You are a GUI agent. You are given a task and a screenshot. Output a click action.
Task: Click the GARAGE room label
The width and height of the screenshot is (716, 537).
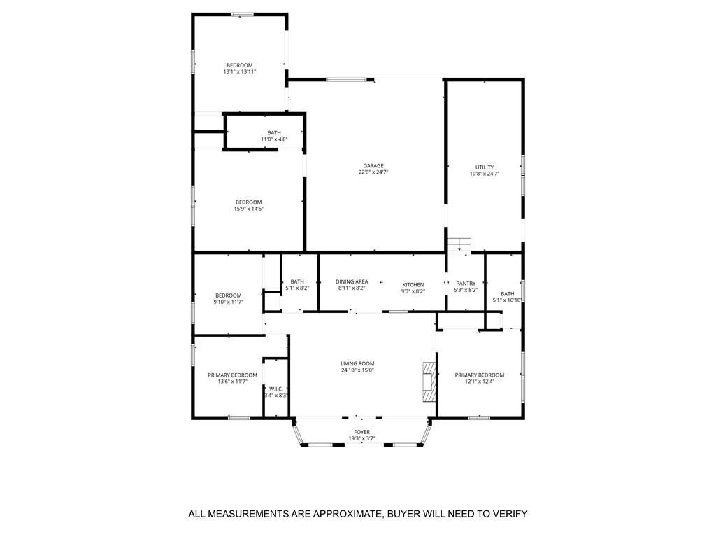click(373, 166)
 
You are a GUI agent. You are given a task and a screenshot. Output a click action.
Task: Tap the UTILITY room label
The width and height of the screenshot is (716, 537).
click(484, 167)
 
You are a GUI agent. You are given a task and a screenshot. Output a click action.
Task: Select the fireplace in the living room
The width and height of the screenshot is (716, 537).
click(429, 382)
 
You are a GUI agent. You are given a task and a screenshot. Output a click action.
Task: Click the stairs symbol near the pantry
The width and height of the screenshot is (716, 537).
click(459, 244)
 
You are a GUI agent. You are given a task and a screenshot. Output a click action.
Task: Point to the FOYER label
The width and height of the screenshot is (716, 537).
click(361, 432)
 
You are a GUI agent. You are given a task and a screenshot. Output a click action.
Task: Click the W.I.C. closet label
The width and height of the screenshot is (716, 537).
click(275, 389)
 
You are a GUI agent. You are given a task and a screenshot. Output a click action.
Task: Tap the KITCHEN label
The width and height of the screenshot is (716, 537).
click(413, 284)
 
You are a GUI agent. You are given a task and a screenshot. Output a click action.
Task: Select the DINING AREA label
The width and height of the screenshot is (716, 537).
click(352, 281)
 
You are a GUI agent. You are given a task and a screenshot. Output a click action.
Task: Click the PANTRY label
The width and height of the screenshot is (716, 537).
click(466, 284)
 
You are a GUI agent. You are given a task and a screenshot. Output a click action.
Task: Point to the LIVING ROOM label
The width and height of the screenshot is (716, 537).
click(357, 364)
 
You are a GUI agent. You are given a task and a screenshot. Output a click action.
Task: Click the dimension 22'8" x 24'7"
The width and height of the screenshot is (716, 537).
click(373, 172)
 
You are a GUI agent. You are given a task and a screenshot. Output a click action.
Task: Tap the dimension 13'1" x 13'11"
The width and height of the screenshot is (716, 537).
click(239, 71)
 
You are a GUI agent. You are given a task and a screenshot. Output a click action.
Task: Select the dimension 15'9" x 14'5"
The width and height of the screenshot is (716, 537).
click(248, 209)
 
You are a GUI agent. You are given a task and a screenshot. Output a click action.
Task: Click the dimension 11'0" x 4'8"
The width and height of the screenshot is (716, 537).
click(274, 139)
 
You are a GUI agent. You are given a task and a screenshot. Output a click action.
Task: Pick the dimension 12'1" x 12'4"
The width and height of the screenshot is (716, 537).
click(480, 382)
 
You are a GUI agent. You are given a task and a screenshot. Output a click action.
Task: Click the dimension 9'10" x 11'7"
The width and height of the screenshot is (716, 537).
click(229, 302)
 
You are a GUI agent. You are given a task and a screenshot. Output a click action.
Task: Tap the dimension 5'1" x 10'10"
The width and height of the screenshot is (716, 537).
click(508, 300)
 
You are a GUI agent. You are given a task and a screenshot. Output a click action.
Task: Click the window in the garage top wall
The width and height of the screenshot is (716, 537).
click(346, 80)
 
